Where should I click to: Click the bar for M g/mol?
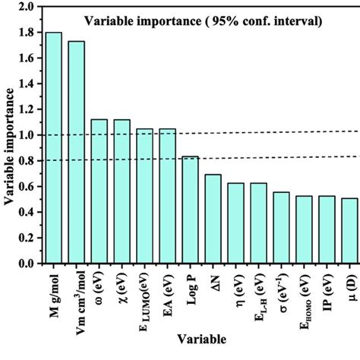54,148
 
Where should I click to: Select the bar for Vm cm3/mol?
77,152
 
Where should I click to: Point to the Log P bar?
190,210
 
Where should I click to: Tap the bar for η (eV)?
235,223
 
